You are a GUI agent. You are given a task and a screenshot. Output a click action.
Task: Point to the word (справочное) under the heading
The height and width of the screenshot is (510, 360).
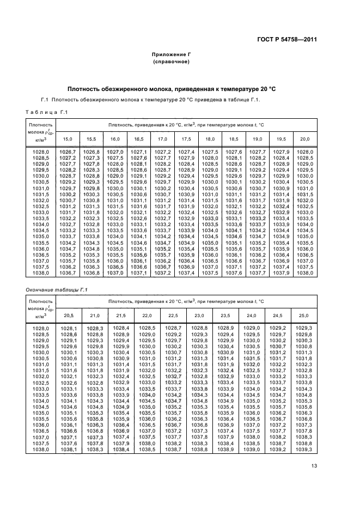point(171,62)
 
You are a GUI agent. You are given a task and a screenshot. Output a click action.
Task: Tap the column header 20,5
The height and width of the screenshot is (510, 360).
point(69,316)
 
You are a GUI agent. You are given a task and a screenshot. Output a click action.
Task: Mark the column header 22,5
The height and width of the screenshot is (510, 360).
point(173,316)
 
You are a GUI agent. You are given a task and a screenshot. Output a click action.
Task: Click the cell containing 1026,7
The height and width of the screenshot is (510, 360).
point(68,152)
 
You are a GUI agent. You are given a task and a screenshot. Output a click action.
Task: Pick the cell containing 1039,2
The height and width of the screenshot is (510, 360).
point(278,450)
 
